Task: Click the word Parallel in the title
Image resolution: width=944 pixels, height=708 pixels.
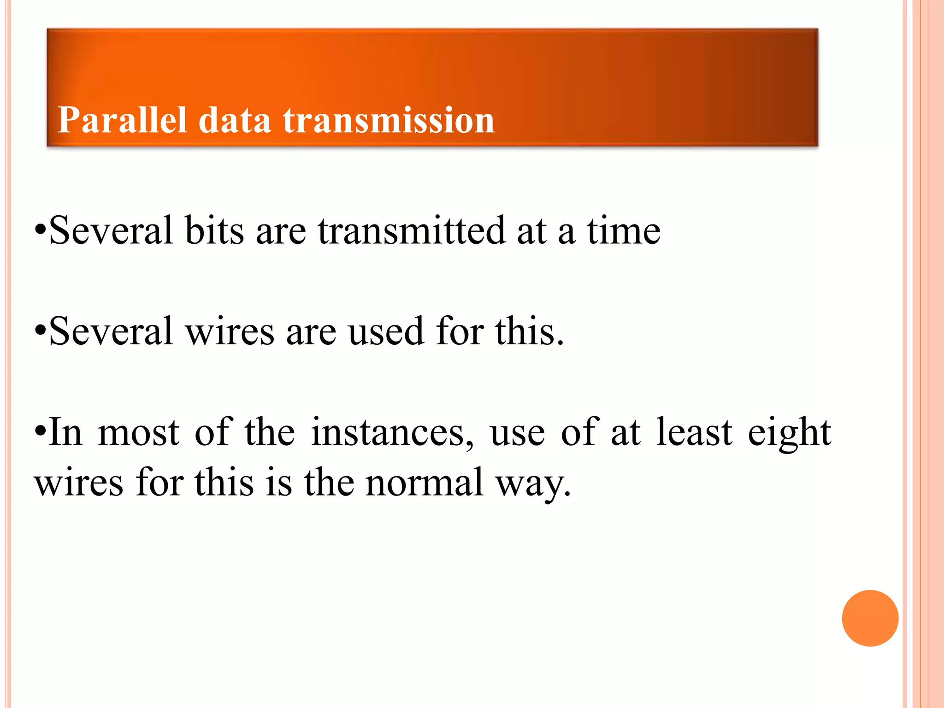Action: click(122, 120)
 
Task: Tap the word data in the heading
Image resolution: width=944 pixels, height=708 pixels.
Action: click(235, 120)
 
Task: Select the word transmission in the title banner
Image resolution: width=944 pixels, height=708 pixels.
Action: click(389, 120)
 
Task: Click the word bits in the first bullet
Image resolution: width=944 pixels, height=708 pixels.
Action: click(214, 230)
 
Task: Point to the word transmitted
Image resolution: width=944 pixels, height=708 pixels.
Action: click(412, 230)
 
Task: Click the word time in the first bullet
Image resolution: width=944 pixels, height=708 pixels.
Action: click(624, 230)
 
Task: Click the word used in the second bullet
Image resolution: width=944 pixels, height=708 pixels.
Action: click(386, 331)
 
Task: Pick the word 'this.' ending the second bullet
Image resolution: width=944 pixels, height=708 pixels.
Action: click(530, 331)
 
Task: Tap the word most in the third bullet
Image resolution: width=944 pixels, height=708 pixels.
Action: click(138, 432)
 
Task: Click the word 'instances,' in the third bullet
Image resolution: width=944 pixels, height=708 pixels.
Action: click(392, 432)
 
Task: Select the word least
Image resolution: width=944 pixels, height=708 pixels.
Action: click(694, 432)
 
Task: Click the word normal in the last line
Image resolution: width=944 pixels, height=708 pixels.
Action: click(424, 483)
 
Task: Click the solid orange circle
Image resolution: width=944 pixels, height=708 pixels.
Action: click(870, 618)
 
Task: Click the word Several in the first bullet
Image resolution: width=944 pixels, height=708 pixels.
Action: click(111, 230)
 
